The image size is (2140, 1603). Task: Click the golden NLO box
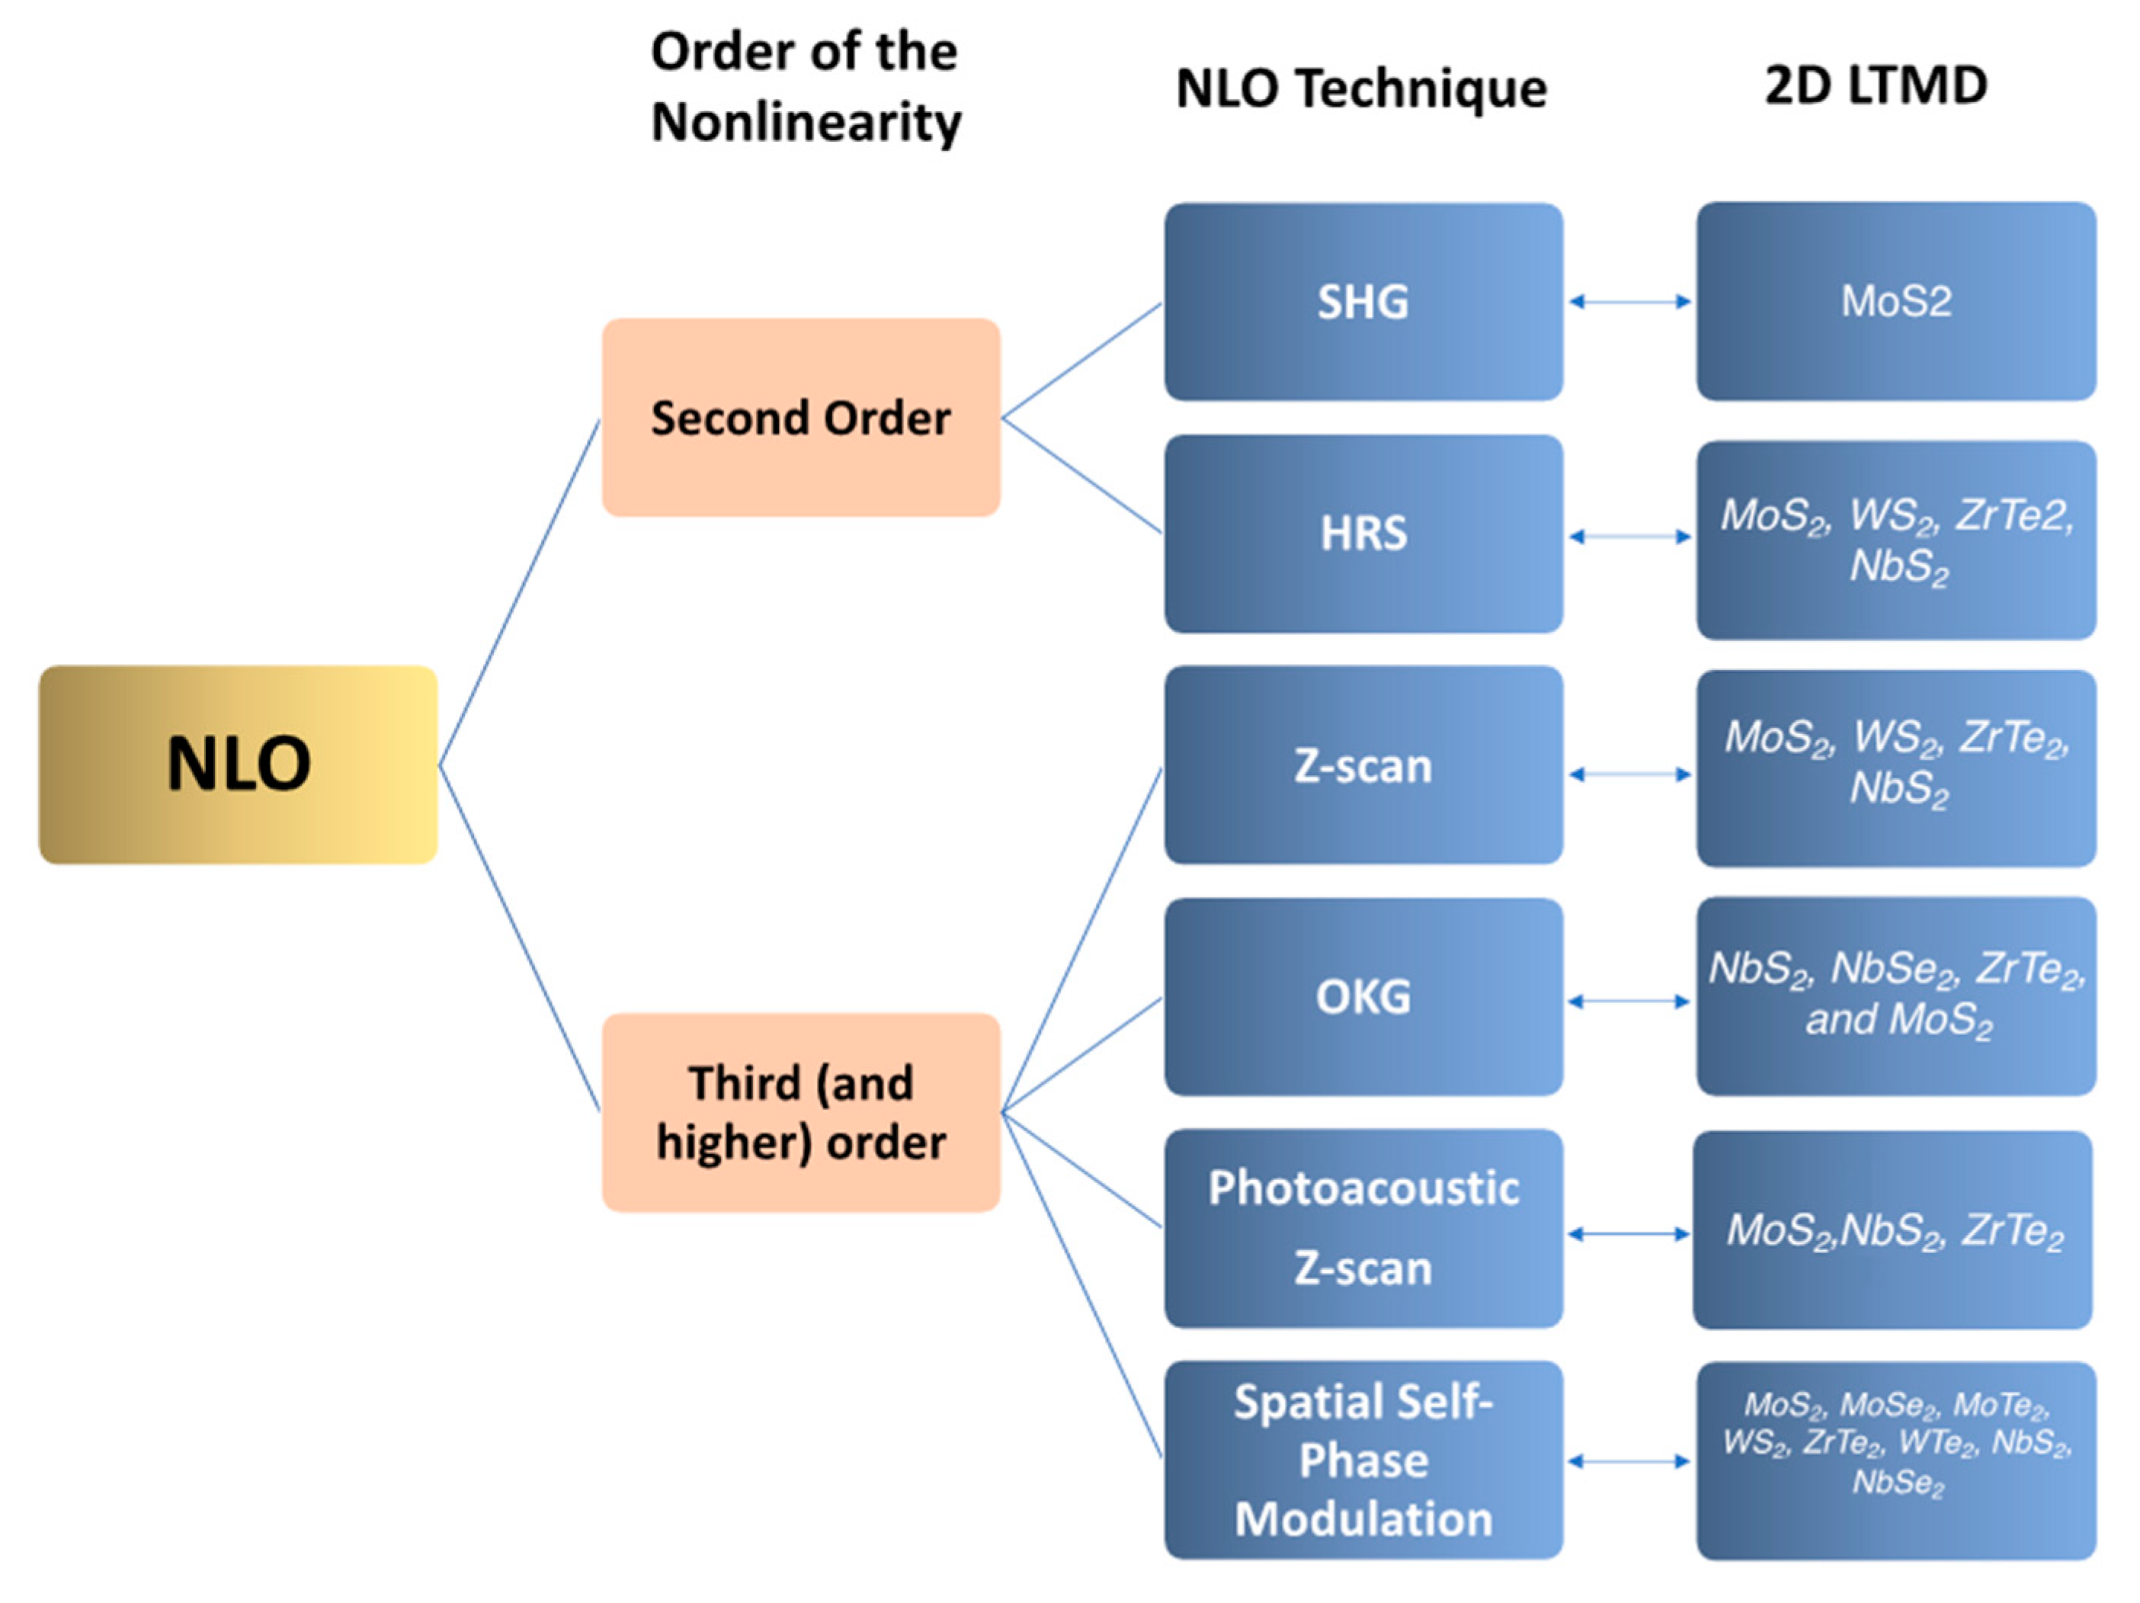[x=238, y=765]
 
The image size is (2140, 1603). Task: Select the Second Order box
[x=801, y=418]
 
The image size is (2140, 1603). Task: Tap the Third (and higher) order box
[x=801, y=1113]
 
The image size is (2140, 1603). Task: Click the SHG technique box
[x=1363, y=302]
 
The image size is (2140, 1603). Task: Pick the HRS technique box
[x=1363, y=534]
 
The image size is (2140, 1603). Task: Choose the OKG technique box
[x=1363, y=996]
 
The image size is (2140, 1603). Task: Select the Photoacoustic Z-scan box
[x=1363, y=1229]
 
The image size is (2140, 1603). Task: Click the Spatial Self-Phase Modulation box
[x=1363, y=1460]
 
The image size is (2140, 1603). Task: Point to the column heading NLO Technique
[x=1361, y=89]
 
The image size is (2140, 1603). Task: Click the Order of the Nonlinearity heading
[x=805, y=87]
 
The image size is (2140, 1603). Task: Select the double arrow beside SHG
[x=1630, y=302]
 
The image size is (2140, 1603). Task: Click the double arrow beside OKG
[x=1630, y=1002]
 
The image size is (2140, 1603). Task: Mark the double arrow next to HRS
[x=1630, y=536]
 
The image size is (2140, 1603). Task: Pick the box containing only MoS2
[x=1896, y=302]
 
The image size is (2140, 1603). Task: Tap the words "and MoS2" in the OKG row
[x=1898, y=1020]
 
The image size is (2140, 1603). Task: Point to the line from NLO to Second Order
[x=520, y=592]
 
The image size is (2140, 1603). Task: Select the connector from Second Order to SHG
[x=1081, y=361]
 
